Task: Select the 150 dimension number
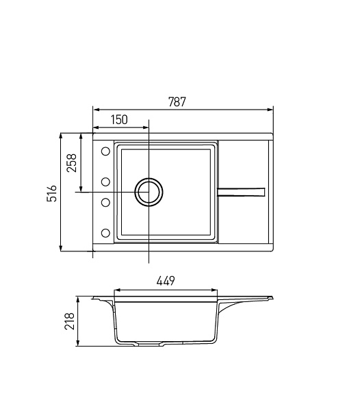(x=119, y=119)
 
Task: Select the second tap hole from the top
(x=106, y=182)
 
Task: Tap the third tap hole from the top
(x=106, y=202)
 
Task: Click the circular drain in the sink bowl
(x=149, y=192)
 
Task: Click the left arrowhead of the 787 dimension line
(x=95, y=109)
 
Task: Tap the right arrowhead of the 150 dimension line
(x=146, y=126)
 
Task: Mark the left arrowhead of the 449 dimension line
(x=115, y=289)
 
